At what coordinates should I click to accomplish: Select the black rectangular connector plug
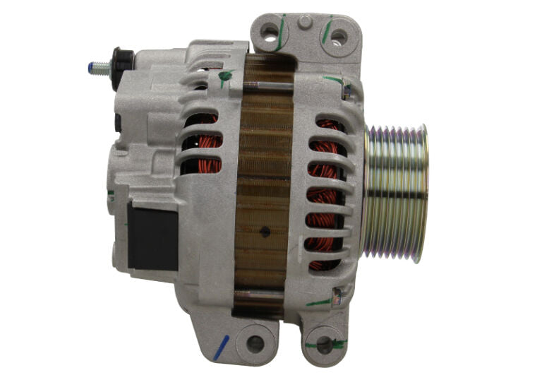152,237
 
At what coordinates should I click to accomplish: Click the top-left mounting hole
270,31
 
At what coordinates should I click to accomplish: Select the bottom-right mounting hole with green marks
324,345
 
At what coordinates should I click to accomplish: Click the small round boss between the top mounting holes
305,22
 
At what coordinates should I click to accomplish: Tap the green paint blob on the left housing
225,75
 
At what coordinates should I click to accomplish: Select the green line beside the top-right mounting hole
327,32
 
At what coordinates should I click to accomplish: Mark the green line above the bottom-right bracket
319,302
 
